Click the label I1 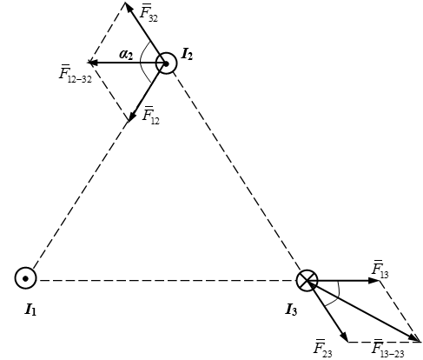pos(30,310)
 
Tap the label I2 pos(187,55)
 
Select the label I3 pos(291,310)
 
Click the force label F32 pos(149,13)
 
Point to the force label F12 pos(150,116)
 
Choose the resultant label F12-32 pos(76,74)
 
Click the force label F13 pos(380,270)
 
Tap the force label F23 pos(322,348)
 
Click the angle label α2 pos(126,55)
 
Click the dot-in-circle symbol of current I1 pos(25,278)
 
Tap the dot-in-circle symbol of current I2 pos(166,63)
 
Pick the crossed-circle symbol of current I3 pos(307,281)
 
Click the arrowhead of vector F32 pos(129,7)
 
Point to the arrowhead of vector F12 pos(132,117)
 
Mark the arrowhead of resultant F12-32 pos(93,63)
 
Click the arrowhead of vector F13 pos(374,281)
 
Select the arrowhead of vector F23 pos(344,337)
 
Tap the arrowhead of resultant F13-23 pos(415,338)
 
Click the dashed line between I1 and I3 pos(168,281)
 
